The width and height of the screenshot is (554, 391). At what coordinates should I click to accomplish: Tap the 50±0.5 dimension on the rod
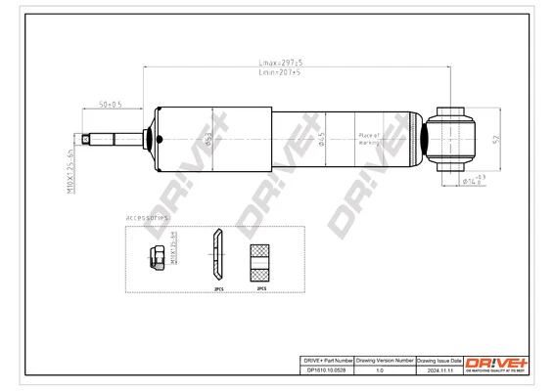coord(110,104)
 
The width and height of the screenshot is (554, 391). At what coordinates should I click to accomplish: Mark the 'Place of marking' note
coord(371,139)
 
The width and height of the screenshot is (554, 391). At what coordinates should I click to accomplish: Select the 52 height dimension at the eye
coord(495,140)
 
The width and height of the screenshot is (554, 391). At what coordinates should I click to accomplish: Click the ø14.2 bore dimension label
coord(473,180)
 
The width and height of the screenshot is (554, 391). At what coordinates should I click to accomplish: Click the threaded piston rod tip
coord(90,139)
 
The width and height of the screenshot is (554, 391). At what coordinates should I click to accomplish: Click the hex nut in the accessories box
coord(154,259)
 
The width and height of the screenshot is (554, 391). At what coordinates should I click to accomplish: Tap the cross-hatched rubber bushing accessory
coord(261,260)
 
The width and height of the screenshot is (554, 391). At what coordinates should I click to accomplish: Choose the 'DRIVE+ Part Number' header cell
coord(324,361)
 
